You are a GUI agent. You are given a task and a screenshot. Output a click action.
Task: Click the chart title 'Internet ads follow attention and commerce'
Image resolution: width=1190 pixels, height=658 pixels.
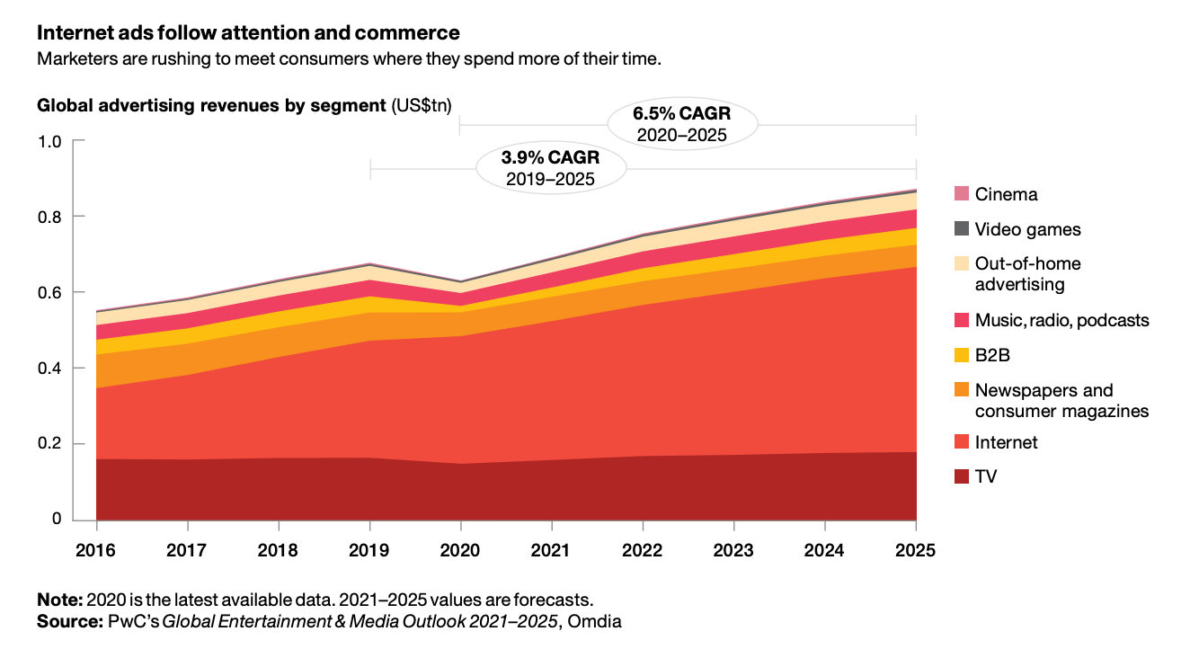(x=248, y=33)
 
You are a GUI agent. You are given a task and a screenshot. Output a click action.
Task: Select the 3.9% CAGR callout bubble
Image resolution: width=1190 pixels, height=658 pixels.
(x=550, y=168)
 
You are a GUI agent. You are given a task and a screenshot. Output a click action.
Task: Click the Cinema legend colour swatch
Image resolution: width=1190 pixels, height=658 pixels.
(x=962, y=194)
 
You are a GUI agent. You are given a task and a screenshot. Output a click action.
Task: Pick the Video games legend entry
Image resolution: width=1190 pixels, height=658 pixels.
(x=1027, y=229)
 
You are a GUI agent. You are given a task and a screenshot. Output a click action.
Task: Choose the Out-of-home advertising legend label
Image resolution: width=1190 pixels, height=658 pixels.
(x=1027, y=274)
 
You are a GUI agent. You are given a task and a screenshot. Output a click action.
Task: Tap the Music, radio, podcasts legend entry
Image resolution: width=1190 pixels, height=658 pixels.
(x=1061, y=320)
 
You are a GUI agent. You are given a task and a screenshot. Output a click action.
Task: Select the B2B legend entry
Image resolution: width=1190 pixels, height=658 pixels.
(x=992, y=355)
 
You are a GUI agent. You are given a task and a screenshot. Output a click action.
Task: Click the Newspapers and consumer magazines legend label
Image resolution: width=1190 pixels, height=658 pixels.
(x=1061, y=401)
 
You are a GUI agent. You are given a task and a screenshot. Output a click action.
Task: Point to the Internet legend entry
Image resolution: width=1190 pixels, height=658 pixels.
(x=1006, y=442)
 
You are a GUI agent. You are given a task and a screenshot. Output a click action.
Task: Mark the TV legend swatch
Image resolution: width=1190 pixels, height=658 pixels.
(x=962, y=476)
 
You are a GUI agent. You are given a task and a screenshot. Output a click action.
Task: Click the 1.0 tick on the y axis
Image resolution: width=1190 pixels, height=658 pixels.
(x=49, y=141)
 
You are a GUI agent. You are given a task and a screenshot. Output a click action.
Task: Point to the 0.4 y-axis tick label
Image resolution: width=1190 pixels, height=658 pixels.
(x=49, y=369)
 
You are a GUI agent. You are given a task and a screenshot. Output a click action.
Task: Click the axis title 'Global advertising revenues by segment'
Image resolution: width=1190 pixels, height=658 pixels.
(x=211, y=105)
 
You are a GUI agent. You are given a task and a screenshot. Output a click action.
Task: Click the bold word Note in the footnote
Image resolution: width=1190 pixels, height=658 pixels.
(x=58, y=600)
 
